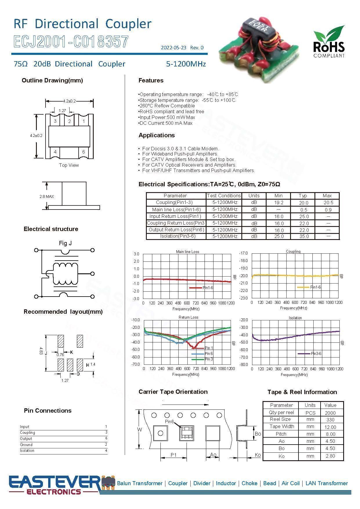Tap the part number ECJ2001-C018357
71,42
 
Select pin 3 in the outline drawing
55,121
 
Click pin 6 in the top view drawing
84,152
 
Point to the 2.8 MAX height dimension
47,196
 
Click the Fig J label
65,243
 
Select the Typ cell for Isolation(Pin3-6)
304,236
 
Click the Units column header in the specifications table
254,196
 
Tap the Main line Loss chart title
187,252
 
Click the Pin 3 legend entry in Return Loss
209,359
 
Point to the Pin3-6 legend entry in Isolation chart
316,353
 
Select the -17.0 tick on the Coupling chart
243,253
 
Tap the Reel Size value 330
330,420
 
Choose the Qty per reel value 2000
330,413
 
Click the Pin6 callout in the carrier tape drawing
169,421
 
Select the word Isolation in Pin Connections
27,450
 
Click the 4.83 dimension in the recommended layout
41,351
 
